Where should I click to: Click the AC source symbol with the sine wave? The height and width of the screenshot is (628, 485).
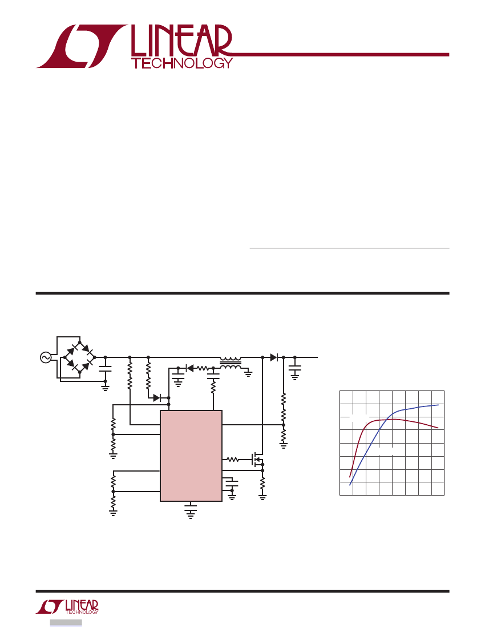[46, 357]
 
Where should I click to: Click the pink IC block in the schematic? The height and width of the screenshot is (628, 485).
[191, 456]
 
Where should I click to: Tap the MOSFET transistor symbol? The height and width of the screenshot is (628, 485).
[257, 460]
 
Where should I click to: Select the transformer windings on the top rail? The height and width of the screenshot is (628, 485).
[231, 363]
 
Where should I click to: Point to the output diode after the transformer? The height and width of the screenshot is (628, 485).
[274, 357]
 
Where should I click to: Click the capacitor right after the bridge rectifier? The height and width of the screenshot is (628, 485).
[105, 369]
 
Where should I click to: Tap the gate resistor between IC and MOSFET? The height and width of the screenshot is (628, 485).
[233, 460]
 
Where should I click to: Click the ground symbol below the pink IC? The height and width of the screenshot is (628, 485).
[191, 512]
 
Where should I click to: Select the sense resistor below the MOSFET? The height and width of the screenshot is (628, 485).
[262, 484]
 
